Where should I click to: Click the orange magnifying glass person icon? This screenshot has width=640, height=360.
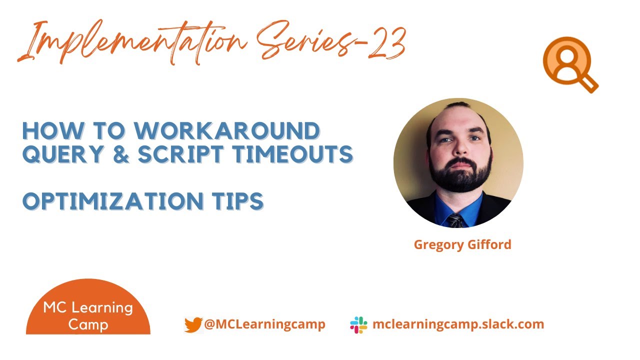coord(569,64)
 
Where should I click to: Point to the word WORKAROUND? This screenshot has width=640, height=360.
coord(227,131)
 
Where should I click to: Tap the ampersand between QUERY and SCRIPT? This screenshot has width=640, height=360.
coord(119,155)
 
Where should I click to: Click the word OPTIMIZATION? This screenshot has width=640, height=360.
coord(110,201)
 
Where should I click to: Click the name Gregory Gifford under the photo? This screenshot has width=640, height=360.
coord(462,245)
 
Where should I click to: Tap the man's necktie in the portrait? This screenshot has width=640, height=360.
coord(455,220)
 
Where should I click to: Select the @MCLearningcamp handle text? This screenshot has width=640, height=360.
coord(264,324)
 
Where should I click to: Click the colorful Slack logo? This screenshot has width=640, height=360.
coord(358,325)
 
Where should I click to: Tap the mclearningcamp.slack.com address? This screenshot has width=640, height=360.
coord(458,324)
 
